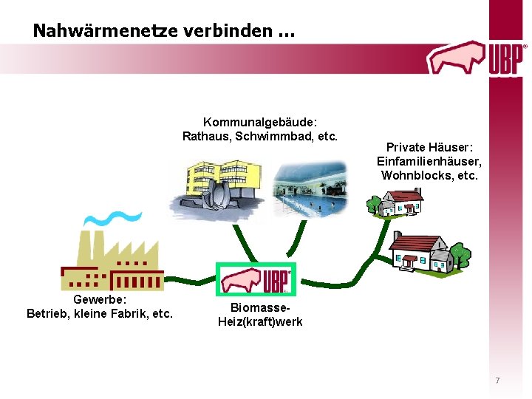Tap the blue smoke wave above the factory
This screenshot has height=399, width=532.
(x=111, y=218)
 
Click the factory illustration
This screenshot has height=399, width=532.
(x=112, y=262)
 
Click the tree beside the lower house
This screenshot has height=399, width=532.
(x=460, y=254)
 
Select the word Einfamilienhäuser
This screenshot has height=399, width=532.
(x=429, y=162)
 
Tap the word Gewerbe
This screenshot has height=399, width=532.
(x=100, y=300)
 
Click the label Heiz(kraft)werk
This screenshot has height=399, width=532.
(x=260, y=321)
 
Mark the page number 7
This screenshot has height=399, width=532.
(x=497, y=381)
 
